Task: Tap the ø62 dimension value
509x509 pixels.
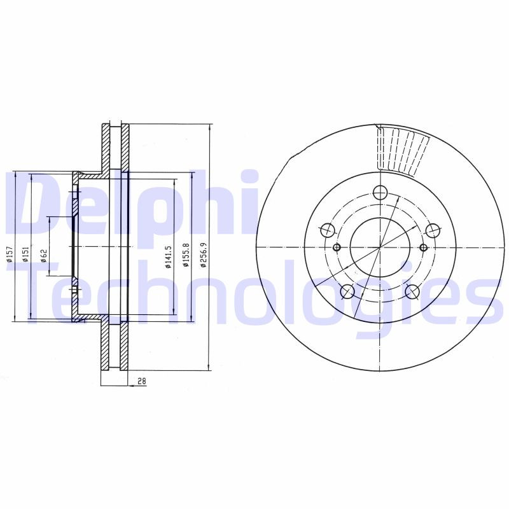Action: click(43, 255)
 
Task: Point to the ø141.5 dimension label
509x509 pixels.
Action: click(169, 256)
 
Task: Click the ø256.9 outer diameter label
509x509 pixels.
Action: click(204, 254)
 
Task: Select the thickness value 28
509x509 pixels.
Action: click(141, 381)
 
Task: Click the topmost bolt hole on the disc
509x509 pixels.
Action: click(380, 192)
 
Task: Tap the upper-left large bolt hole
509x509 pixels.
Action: click(327, 230)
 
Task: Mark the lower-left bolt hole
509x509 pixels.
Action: click(347, 291)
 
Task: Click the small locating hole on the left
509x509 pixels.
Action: click(337, 247)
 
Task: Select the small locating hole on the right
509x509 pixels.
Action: click(424, 247)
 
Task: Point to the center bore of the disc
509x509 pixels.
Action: click(380, 247)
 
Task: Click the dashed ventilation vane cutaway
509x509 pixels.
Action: click(402, 150)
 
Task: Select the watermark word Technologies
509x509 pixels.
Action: click(254, 296)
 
